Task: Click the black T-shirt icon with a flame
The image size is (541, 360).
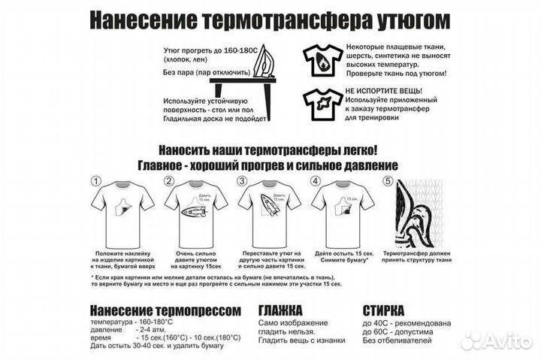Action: [x=322, y=59]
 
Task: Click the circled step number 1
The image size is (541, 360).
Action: [x=95, y=181]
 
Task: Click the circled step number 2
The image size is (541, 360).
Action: [x=169, y=181]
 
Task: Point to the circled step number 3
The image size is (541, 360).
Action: [x=242, y=181]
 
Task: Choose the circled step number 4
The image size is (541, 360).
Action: [x=316, y=181]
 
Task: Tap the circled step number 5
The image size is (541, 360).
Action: [x=388, y=181]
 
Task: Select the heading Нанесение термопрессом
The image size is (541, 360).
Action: [x=165, y=310]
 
